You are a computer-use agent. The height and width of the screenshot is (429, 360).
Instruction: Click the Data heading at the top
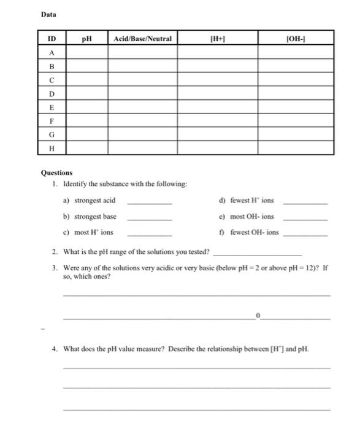(x=48, y=14)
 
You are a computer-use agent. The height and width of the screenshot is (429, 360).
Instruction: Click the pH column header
(x=87, y=39)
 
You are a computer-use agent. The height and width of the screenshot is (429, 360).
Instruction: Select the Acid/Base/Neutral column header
(x=143, y=39)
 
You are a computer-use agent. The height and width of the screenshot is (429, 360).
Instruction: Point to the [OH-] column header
(x=296, y=39)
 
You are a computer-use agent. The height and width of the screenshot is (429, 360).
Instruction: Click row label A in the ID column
(x=52, y=53)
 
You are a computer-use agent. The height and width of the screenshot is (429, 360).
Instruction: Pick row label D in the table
(x=52, y=94)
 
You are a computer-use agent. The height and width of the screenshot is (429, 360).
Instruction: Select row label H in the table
(x=52, y=148)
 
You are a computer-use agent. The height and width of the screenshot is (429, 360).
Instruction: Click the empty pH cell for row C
(x=87, y=80)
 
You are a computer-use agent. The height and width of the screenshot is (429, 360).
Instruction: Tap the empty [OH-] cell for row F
(x=296, y=121)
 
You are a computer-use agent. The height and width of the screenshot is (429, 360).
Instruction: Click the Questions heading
(x=56, y=173)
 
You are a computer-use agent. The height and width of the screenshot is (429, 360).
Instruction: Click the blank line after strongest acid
(x=149, y=202)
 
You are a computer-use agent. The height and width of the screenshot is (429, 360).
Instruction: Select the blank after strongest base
(x=149, y=218)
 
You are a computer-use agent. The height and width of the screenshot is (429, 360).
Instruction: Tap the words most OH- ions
(x=252, y=217)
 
